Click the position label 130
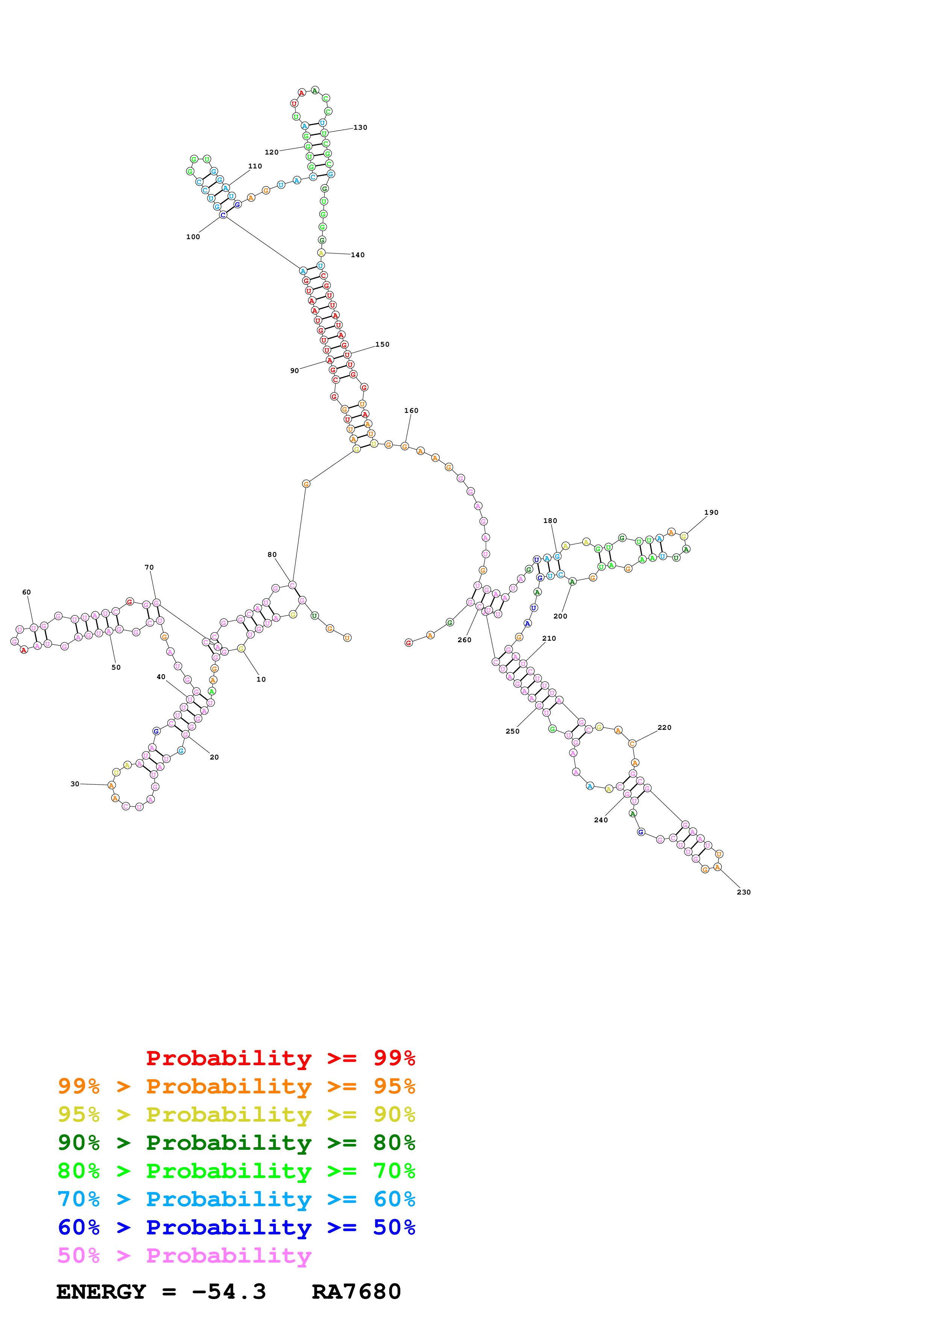click(360, 127)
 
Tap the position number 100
click(193, 237)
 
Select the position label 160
click(411, 411)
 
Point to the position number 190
click(711, 512)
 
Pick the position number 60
click(26, 592)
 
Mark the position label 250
click(512, 731)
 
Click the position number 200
click(560, 616)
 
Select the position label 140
click(358, 255)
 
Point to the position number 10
click(261, 679)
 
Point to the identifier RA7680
click(356, 1292)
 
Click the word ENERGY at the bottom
click(101, 1292)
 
